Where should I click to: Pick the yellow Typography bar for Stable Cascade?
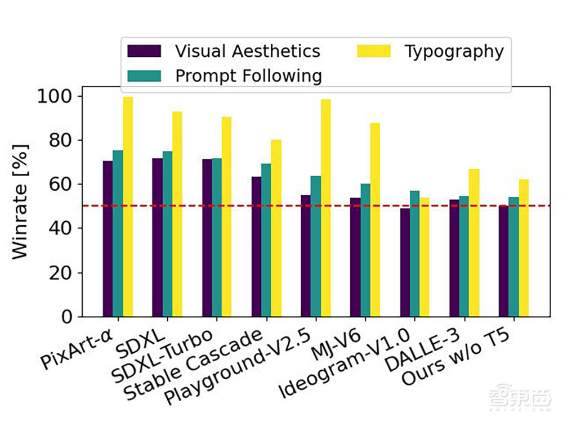[x=276, y=228]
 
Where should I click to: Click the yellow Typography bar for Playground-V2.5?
[x=326, y=208]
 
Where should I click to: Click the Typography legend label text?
[x=454, y=51]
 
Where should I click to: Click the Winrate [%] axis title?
[x=20, y=201]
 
